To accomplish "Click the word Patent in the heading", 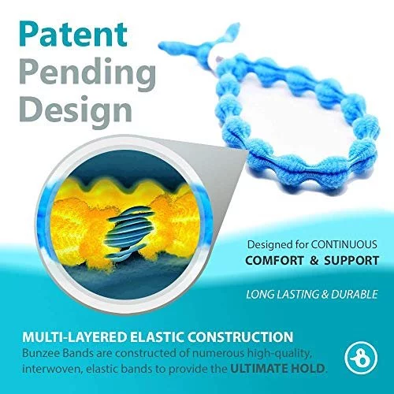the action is tap(73, 34).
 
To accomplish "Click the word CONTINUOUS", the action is tap(344, 244).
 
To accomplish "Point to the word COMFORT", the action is tap(274, 261).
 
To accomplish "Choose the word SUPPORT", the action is tap(351, 261).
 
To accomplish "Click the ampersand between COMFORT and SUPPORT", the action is tap(314, 261).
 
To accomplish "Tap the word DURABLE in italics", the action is tap(355, 294).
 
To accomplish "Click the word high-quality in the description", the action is tap(280, 354).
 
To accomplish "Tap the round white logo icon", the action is tap(361, 358).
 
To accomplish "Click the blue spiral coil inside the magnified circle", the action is tap(128, 231).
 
